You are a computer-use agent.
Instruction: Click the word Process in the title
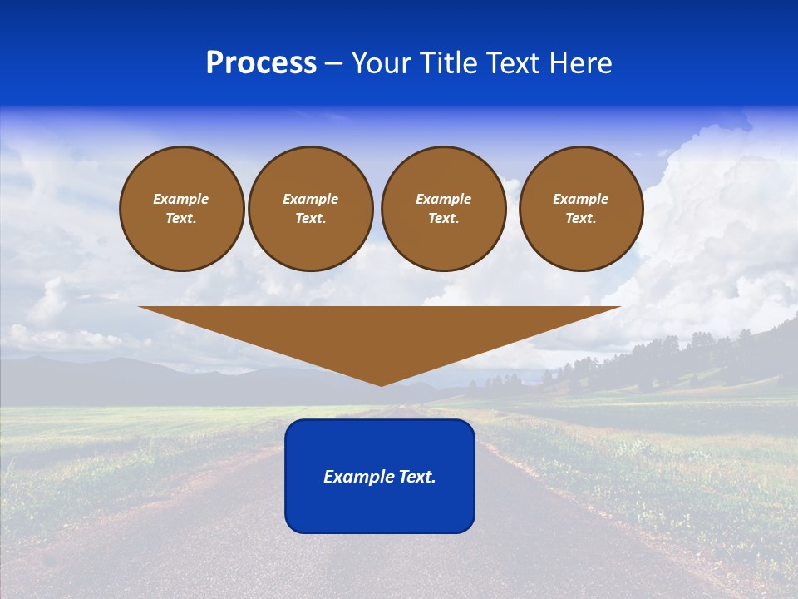[x=261, y=63]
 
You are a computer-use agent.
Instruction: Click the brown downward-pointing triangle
[x=380, y=333]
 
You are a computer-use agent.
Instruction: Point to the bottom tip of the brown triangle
[x=381, y=384]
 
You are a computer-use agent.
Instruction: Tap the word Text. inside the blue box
[x=417, y=477]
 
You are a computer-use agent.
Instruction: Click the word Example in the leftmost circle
[x=181, y=199]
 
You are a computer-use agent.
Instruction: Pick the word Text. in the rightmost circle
[x=580, y=218]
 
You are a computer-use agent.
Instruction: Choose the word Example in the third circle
[x=443, y=199]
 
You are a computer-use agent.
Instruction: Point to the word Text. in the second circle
[x=310, y=218]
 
